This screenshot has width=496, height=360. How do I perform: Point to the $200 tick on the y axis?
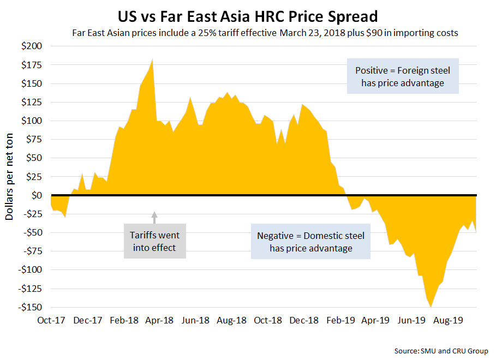pos(31,46)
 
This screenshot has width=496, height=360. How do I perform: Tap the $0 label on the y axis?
pos(35,195)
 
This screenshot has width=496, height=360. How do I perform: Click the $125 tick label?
pos(31,102)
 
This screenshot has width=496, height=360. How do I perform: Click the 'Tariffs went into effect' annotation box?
pos(154,241)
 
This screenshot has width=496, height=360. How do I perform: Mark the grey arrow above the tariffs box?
pos(154,217)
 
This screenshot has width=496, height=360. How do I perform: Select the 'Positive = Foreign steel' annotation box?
pos(403,76)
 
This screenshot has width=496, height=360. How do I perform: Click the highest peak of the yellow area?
pos(152,59)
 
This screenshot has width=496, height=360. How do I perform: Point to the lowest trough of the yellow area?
pos(431,307)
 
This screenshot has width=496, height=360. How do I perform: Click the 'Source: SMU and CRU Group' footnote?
pos(441,351)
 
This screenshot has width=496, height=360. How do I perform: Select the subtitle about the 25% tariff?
pos(265,33)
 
